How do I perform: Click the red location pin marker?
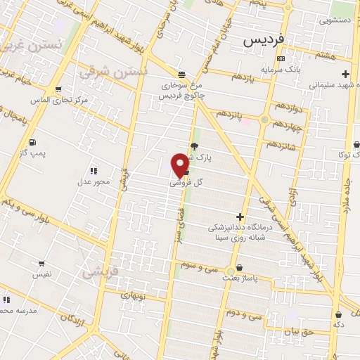180,165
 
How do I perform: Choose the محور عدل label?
93,182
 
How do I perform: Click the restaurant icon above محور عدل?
94,171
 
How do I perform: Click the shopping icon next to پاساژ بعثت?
240,267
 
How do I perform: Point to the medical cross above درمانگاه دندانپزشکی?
240,217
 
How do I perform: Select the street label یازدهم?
241,77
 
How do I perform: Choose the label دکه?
340,326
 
